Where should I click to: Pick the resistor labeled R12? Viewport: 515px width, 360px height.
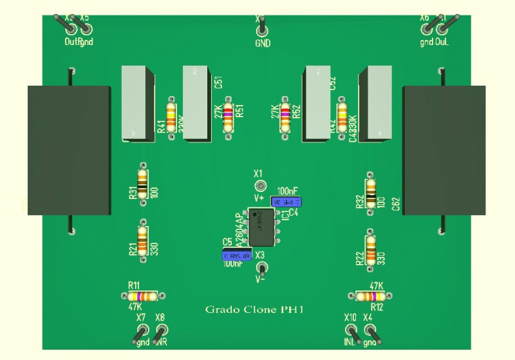pyautogui.click(x=371, y=296)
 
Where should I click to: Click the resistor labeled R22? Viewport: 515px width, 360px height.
pyautogui.click(x=370, y=247)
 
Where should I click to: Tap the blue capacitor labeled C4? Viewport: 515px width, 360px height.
pyautogui.click(x=285, y=202)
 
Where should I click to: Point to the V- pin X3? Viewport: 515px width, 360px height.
pyautogui.click(x=262, y=268)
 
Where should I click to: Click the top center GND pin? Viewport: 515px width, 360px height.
pyautogui.click(x=261, y=29)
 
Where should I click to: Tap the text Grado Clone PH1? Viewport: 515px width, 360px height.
pyautogui.click(x=254, y=310)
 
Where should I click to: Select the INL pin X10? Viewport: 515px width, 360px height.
pyautogui.click(x=351, y=332)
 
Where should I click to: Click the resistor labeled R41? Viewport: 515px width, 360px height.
pyautogui.click(x=171, y=117)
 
